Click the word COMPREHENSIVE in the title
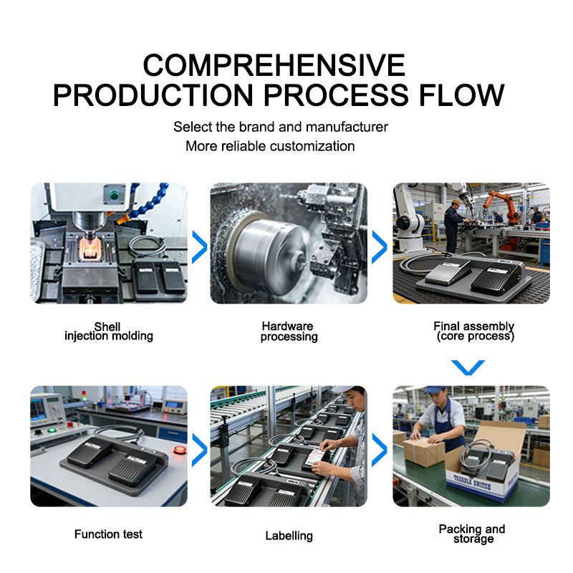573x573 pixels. point(274,65)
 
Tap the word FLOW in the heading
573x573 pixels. point(461,95)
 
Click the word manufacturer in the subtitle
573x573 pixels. point(347,127)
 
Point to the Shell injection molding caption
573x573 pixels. point(109,332)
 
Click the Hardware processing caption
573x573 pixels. point(289,332)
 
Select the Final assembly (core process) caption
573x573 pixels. point(474,331)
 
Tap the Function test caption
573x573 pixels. point(109,534)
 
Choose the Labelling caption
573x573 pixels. point(289,536)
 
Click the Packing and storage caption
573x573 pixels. point(472,534)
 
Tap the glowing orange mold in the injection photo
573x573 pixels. point(89,249)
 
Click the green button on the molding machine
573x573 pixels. point(115,195)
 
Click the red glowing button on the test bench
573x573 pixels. point(180,450)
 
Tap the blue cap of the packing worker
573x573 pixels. point(435,390)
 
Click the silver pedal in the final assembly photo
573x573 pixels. point(448,271)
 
